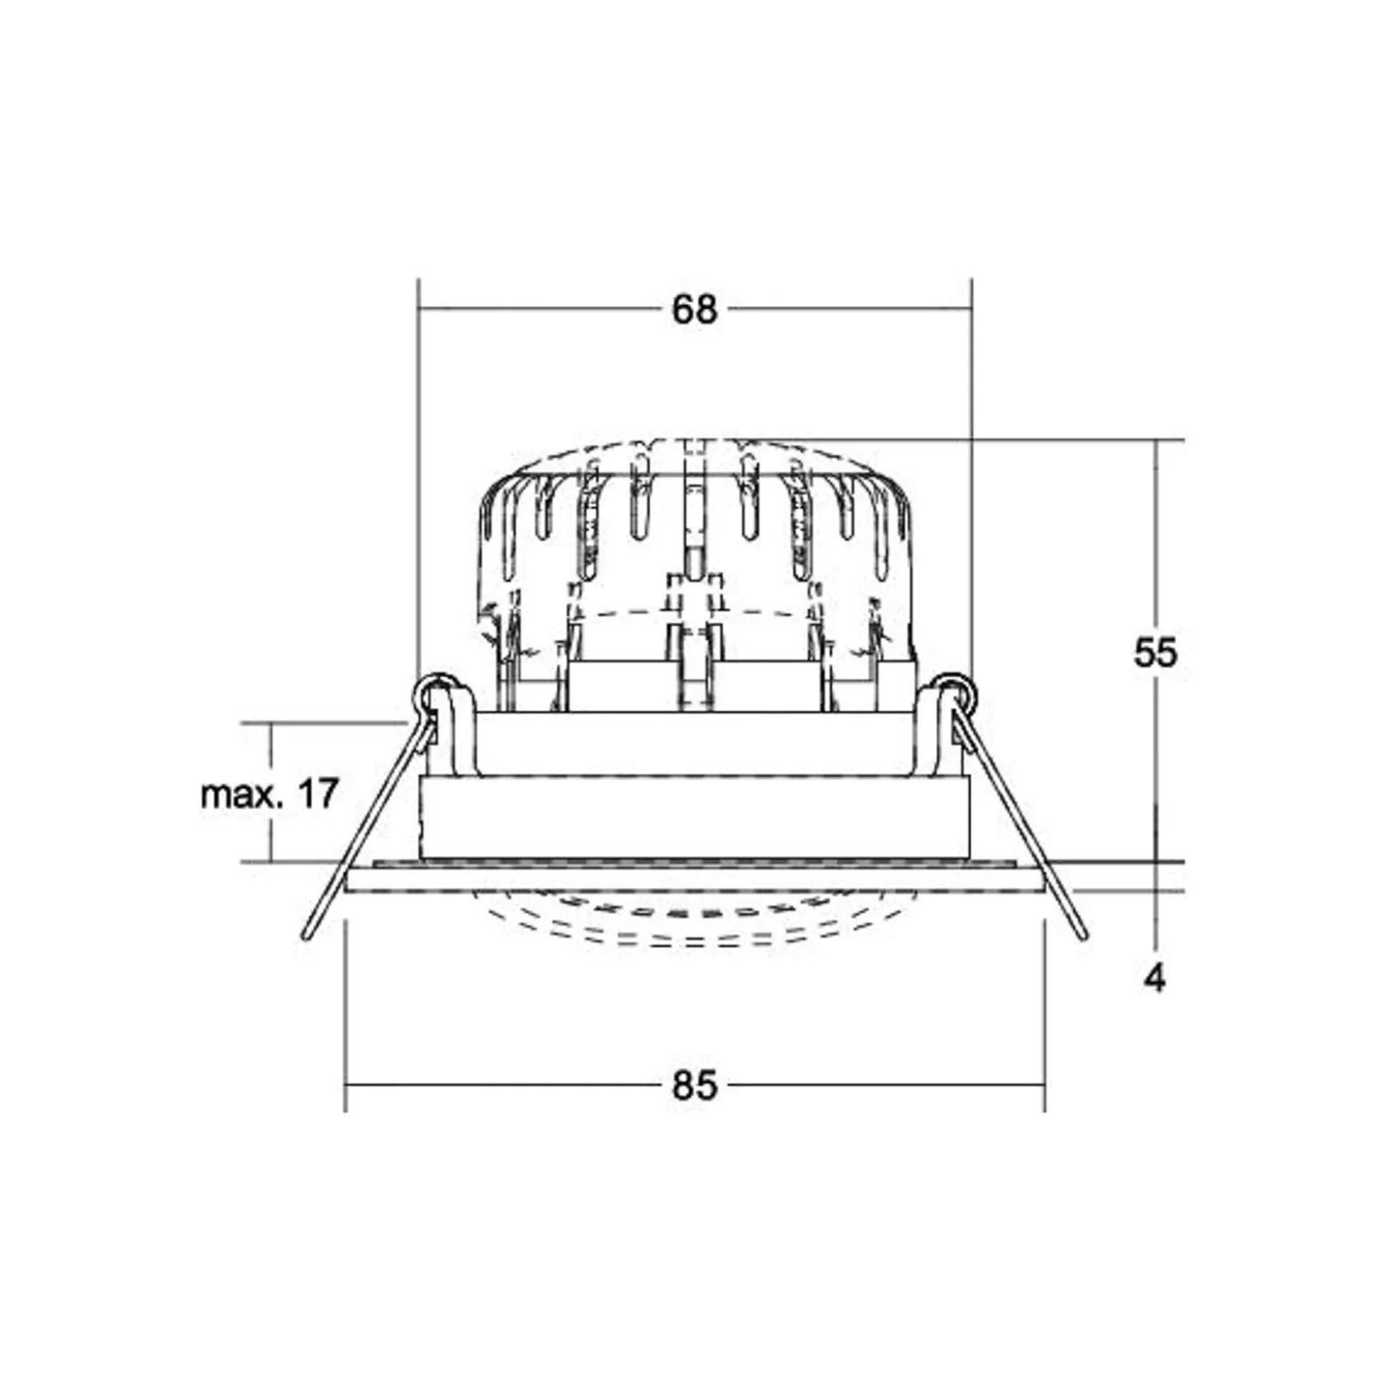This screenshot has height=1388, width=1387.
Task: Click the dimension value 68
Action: [x=693, y=309]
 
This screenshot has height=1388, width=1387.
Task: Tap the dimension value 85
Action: [x=693, y=1086]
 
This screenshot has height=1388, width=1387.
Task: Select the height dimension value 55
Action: [x=1155, y=653]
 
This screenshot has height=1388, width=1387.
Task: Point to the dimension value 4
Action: [x=1155, y=979]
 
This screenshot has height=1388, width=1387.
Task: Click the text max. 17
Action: [x=269, y=793]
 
